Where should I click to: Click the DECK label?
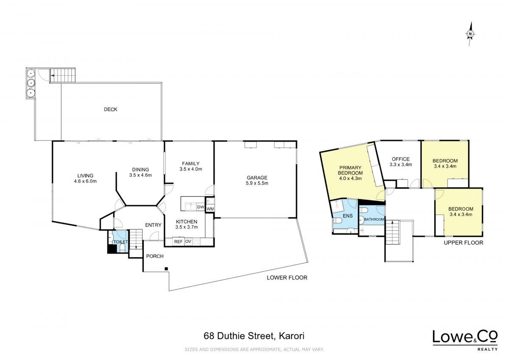click(x=110, y=110)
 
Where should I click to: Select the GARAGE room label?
click(x=257, y=177)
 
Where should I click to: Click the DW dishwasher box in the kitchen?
click(x=200, y=207)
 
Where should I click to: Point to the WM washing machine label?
click(x=210, y=209)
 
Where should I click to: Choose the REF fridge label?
click(x=179, y=242)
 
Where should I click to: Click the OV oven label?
click(x=188, y=242)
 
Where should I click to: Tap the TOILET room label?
click(x=120, y=242)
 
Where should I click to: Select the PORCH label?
click(x=155, y=256)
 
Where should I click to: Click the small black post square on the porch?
click(x=166, y=269)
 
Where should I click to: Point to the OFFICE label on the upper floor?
click(x=401, y=159)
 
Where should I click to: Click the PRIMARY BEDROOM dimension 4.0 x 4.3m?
click(x=350, y=178)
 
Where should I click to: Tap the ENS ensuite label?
click(x=348, y=216)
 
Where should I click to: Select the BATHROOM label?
click(x=374, y=219)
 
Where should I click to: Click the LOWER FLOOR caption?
click(x=287, y=278)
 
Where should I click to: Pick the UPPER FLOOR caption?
click(x=464, y=243)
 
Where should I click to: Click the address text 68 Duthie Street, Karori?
click(x=254, y=336)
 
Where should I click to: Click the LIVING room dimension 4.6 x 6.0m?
click(x=85, y=181)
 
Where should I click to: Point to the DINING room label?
click(x=140, y=169)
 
